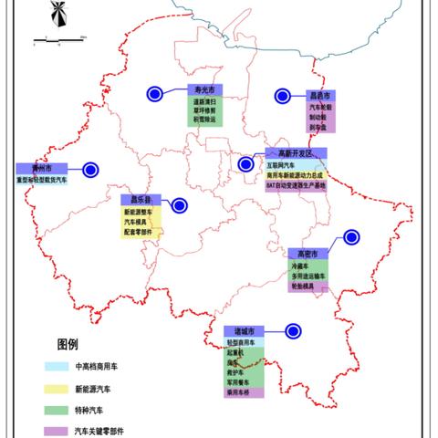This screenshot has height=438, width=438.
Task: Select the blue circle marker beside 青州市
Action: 89,169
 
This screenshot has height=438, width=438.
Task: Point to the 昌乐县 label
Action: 141,198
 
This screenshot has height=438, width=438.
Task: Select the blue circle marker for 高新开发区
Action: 245,164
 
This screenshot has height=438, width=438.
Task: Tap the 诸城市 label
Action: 244,330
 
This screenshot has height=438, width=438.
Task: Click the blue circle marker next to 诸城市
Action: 293,331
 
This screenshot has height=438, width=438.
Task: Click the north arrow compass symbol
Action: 57,15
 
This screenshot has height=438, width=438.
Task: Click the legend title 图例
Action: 68,345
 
